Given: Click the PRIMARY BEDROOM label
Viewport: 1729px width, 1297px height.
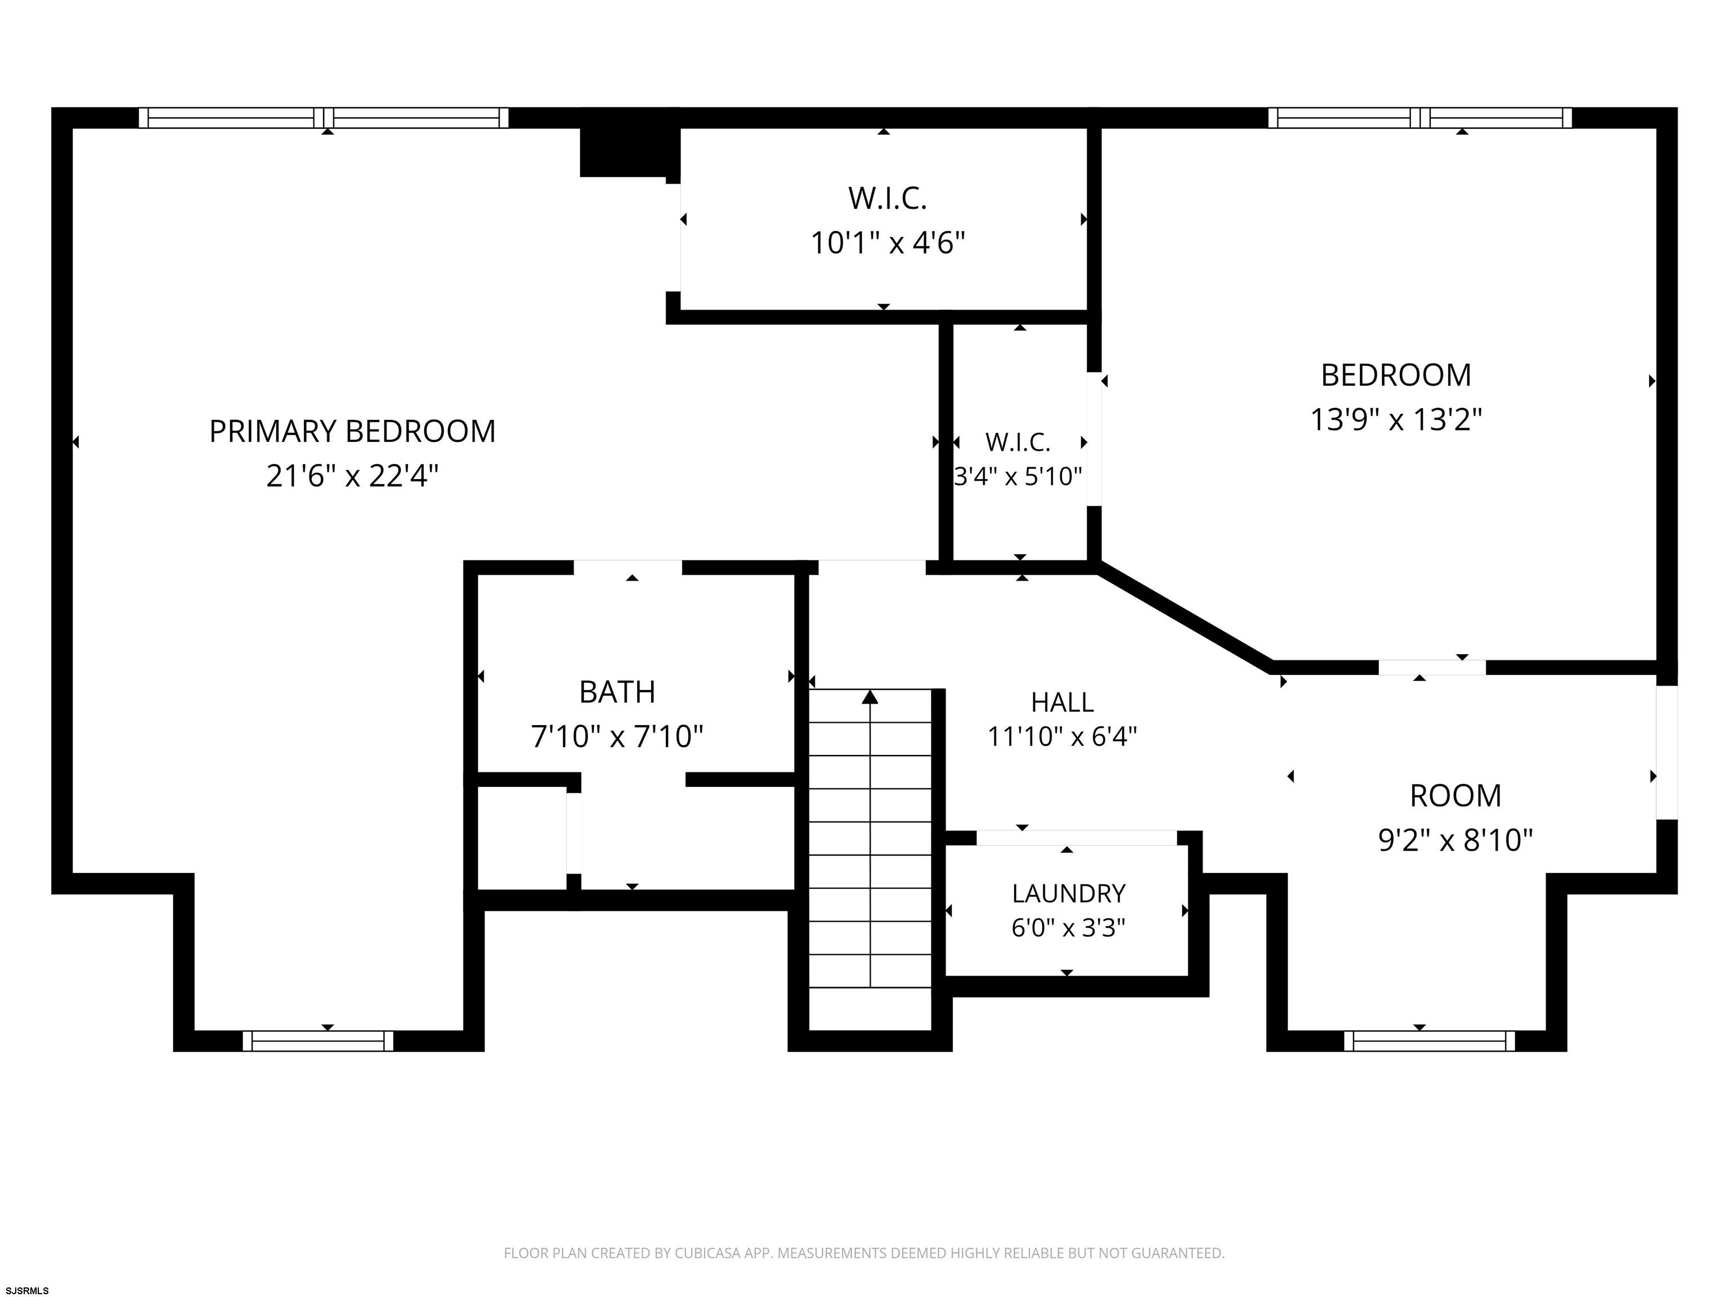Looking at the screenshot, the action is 352,432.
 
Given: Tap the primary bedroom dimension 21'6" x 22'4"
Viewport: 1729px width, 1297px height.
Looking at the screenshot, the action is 352,475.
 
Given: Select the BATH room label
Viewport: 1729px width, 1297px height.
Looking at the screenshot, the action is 617,692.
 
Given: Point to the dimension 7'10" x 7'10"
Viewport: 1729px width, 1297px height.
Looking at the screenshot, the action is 617,736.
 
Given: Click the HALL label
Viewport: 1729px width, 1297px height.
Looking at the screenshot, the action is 1062,702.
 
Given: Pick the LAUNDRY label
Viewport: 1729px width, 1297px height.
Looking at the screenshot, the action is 1068,893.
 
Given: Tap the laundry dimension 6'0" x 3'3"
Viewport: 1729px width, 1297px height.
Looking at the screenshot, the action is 1068,927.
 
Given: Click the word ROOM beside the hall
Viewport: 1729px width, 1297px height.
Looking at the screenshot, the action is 1455,796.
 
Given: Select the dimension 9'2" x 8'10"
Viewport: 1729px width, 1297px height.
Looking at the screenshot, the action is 1455,840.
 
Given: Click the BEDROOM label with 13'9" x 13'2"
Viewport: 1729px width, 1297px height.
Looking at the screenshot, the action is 1396,375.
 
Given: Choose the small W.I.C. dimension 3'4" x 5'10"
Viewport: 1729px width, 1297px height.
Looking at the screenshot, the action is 1018,476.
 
